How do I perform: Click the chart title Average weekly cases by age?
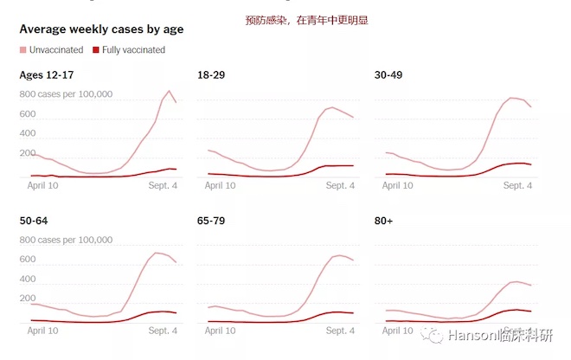(x=101, y=29)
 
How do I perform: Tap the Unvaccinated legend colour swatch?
(x=23, y=50)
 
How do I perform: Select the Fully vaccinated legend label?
(x=133, y=50)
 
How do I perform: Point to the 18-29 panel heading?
(x=212, y=75)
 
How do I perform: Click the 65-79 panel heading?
(x=212, y=222)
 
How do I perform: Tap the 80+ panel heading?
(x=383, y=222)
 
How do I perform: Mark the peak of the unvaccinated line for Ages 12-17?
(x=170, y=91)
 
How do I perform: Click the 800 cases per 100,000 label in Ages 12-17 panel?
(x=66, y=93)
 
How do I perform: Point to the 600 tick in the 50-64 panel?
(x=27, y=260)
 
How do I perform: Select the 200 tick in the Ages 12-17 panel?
(x=27, y=154)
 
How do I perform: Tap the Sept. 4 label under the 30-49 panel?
(x=517, y=185)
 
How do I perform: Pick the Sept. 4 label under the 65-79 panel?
(x=339, y=331)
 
